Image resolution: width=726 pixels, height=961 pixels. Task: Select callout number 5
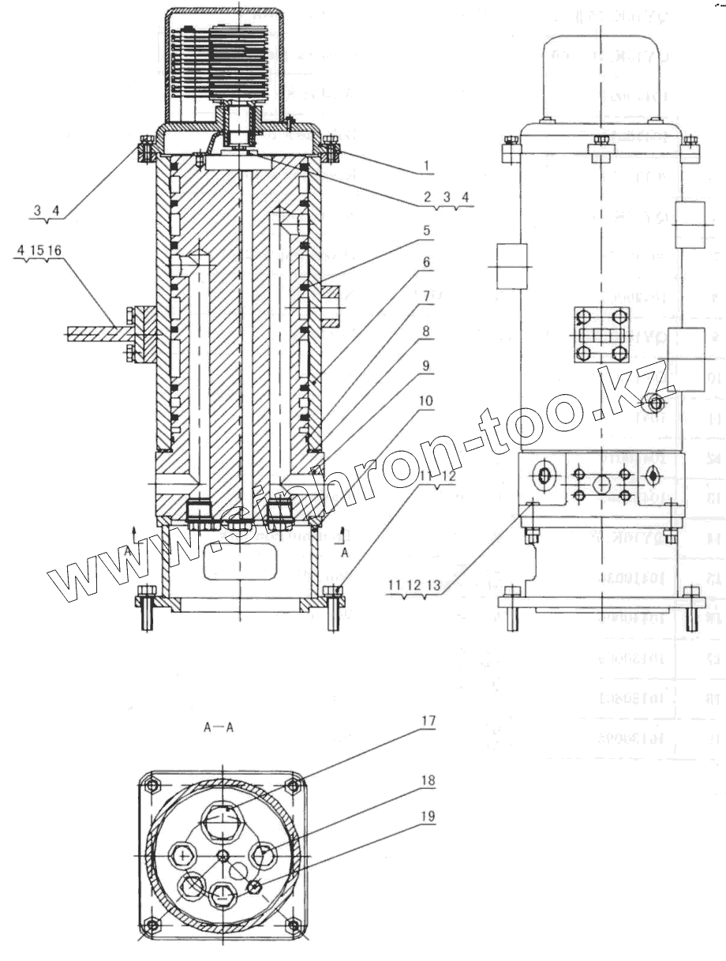click(x=425, y=231)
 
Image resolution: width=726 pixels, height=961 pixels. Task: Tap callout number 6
click(x=425, y=261)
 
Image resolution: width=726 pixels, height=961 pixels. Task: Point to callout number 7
click(x=425, y=297)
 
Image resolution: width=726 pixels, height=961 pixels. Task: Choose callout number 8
click(x=425, y=332)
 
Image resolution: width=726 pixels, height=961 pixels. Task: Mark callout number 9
click(x=425, y=366)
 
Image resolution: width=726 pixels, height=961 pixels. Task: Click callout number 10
click(x=426, y=402)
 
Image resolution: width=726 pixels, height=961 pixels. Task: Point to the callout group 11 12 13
click(x=407, y=585)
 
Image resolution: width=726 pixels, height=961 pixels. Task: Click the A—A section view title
click(x=218, y=729)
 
